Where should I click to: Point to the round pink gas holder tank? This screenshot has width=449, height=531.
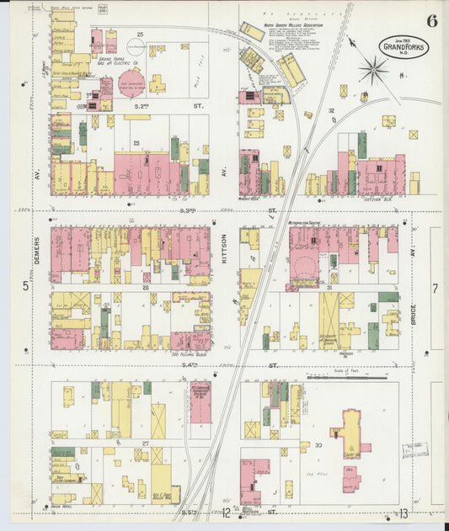131,82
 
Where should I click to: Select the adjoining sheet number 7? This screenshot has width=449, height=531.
435,289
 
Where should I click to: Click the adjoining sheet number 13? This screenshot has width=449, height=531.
404,513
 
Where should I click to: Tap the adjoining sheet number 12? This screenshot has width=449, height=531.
226,513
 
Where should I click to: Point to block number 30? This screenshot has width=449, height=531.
318,444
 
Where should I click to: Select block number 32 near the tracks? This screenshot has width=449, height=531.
332,110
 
